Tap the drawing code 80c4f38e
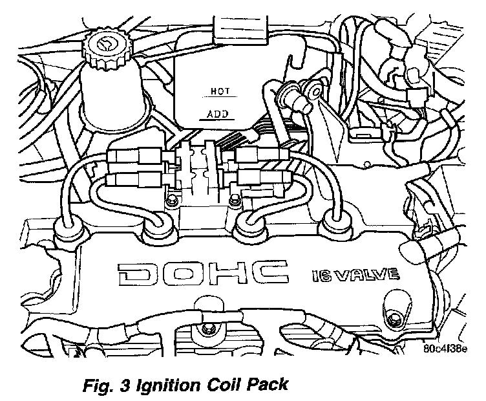[x=447, y=349]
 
